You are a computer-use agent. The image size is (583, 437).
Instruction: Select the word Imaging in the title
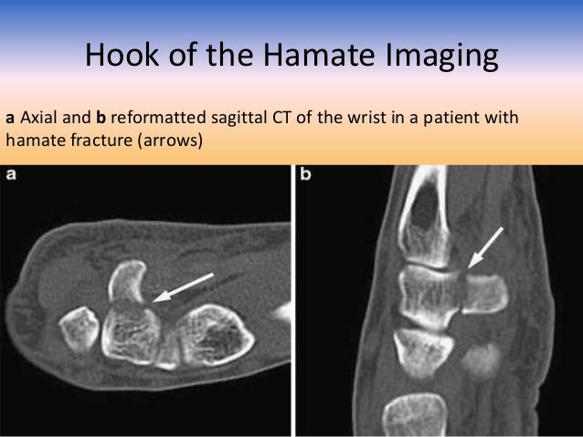point(445,57)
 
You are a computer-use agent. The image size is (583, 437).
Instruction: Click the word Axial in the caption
point(37,118)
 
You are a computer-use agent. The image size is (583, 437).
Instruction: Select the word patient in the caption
point(462,118)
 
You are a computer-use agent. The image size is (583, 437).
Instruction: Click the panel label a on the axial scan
point(12,174)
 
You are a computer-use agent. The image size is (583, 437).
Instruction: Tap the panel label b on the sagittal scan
point(306,174)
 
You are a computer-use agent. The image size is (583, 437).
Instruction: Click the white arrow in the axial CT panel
point(185,286)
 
